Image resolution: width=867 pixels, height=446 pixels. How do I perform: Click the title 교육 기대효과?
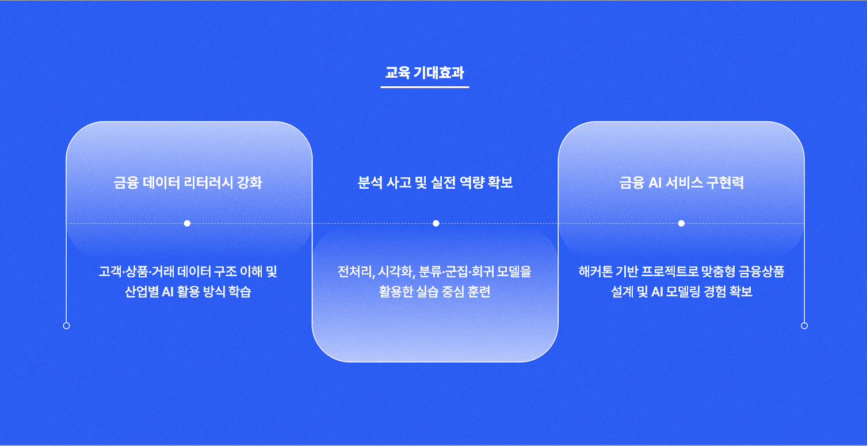pyautogui.click(x=425, y=73)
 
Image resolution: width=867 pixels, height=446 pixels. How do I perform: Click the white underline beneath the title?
pyautogui.click(x=425, y=87)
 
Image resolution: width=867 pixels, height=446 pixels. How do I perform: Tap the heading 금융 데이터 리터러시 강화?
pyautogui.click(x=188, y=182)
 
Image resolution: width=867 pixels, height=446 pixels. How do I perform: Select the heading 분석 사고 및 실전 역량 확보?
pyautogui.click(x=435, y=182)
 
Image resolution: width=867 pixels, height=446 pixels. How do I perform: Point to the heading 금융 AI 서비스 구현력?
pyautogui.click(x=681, y=182)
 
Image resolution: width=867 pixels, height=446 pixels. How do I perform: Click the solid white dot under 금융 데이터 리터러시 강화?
pyautogui.click(x=187, y=223)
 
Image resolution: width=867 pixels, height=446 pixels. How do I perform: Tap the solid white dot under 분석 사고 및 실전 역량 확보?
pyautogui.click(x=436, y=223)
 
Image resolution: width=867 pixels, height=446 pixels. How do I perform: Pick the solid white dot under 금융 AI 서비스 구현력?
pyautogui.click(x=681, y=223)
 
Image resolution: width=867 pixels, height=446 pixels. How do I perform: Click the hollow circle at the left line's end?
pyautogui.click(x=67, y=326)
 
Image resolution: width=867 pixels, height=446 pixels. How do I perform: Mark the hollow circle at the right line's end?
pyautogui.click(x=804, y=326)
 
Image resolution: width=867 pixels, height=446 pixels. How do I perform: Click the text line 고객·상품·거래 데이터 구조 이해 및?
pyautogui.click(x=188, y=272)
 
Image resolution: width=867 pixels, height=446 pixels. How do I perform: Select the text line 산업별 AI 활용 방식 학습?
pyautogui.click(x=188, y=292)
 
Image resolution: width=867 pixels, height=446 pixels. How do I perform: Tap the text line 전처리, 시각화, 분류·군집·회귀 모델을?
pyautogui.click(x=434, y=272)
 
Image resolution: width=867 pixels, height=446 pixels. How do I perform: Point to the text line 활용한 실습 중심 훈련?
pyautogui.click(x=434, y=292)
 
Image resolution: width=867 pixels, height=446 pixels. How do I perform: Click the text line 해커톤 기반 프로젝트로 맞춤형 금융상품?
pyautogui.click(x=681, y=272)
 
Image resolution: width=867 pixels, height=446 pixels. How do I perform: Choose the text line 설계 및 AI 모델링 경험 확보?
pyautogui.click(x=681, y=292)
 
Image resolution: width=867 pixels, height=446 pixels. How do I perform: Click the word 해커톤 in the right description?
pyautogui.click(x=595, y=272)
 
